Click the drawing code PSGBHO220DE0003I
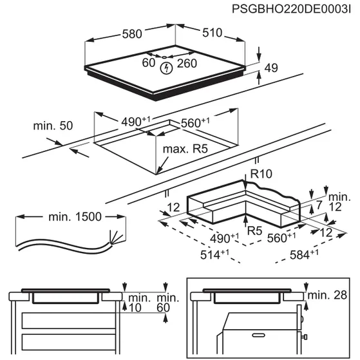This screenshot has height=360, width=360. click(291, 9)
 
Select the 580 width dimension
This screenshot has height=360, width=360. click(132, 34)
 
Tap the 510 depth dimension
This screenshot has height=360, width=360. click(212, 33)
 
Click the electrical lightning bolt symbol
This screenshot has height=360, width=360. click(166, 68)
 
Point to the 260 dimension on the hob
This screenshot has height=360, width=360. click(187, 63)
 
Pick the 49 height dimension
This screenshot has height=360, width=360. click(271, 68)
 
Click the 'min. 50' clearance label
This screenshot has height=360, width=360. click(53, 126)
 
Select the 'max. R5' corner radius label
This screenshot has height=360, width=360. click(185, 149)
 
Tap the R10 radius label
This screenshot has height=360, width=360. click(261, 174)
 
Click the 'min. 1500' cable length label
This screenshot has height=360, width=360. click(75, 217)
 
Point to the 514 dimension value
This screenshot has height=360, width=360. click(214, 254)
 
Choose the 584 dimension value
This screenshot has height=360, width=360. click(304, 254)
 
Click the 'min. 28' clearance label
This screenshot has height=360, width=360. click(327, 295)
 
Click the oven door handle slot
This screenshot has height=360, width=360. click(258, 335)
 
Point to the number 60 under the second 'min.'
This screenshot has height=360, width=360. click(163, 308)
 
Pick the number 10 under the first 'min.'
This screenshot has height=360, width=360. click(135, 308)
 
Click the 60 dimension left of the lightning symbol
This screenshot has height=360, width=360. click(149, 63)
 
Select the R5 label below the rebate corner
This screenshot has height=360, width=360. click(254, 231)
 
